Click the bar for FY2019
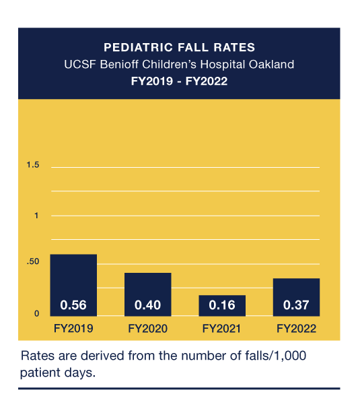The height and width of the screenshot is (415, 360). (x=73, y=276)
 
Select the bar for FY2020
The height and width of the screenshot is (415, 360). (x=147, y=286)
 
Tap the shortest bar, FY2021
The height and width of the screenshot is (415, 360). (x=221, y=299)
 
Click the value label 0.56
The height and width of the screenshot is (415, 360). (x=73, y=305)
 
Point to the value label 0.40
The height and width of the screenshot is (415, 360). (x=147, y=305)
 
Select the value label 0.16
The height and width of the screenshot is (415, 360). (x=221, y=305)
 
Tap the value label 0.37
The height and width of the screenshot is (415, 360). (x=296, y=305)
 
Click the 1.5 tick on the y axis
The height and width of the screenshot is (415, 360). (x=33, y=166)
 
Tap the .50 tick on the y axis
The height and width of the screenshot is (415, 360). (x=33, y=262)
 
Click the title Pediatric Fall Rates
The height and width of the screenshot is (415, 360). (x=179, y=48)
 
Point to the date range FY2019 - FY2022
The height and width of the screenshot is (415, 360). (x=179, y=82)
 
